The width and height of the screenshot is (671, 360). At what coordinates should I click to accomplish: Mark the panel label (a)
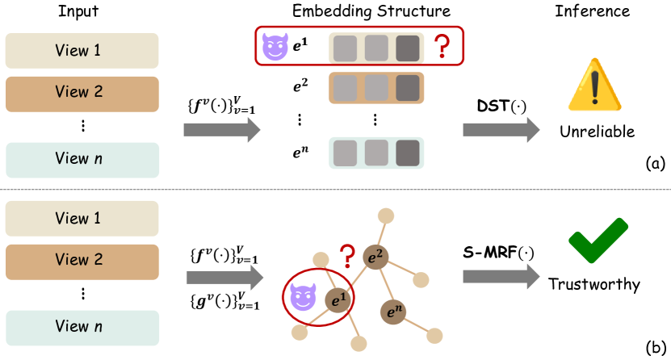coord(655,164)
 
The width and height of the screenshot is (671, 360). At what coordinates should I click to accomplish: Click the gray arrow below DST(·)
coord(501,129)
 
